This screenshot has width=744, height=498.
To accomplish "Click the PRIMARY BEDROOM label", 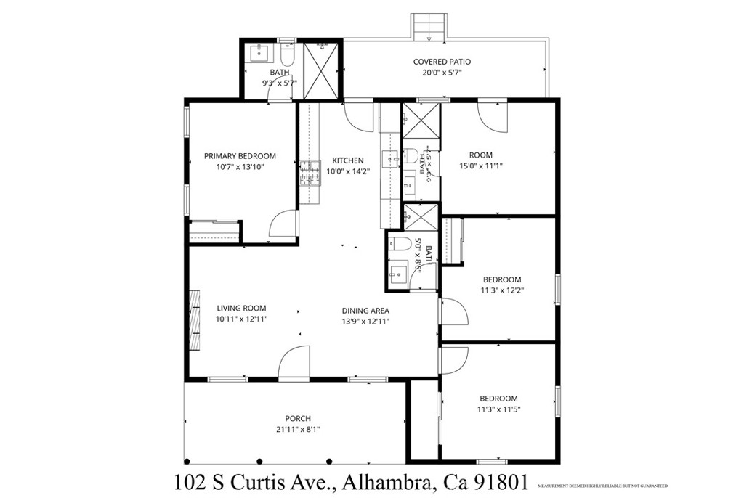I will point(240,156).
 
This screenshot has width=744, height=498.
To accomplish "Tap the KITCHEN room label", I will point(348,160).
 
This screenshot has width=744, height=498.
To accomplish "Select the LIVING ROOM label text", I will point(241,308).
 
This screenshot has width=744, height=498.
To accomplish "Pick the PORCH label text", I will point(298,418).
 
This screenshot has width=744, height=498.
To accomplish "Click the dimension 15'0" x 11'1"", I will point(480,166).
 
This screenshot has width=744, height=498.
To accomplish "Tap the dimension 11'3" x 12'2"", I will point(502,290).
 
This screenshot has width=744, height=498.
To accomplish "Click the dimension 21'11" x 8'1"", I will point(298,429).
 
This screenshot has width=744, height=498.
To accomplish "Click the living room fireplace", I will point(195,320).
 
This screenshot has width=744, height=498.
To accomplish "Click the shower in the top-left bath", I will point(320,70).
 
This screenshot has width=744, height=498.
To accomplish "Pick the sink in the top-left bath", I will point(259,53).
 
